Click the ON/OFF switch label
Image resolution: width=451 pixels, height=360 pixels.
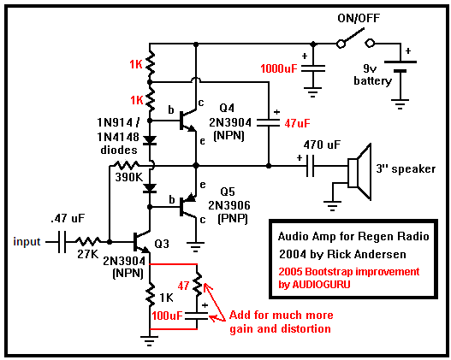[359, 19]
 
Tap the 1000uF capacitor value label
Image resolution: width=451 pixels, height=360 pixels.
[279, 69]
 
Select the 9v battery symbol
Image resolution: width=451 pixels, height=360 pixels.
[401, 66]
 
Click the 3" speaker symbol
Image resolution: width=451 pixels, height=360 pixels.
[359, 172]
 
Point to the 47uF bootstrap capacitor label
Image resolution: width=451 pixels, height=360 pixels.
[298, 123]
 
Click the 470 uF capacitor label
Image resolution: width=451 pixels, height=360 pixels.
[322, 145]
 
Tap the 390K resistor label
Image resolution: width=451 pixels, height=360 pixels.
[129, 177]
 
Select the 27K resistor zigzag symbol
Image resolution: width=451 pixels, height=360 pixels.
[88, 241]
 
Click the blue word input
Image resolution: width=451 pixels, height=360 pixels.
[27, 241]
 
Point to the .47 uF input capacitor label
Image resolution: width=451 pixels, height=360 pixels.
[68, 218]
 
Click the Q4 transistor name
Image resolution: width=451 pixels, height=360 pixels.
[227, 108]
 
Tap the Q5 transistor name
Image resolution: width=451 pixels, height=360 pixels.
[228, 192]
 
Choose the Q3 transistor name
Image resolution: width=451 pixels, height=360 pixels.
[162, 244]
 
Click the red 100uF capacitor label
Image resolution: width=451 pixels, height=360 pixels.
[167, 316]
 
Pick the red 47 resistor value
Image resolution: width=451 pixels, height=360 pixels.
[183, 286]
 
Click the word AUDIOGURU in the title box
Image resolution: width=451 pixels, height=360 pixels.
[322, 285]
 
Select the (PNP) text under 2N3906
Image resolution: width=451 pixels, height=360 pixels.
[233, 219]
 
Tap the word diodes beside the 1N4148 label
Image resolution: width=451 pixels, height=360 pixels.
[119, 150]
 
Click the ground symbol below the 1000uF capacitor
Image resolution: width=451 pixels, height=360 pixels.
[313, 92]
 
